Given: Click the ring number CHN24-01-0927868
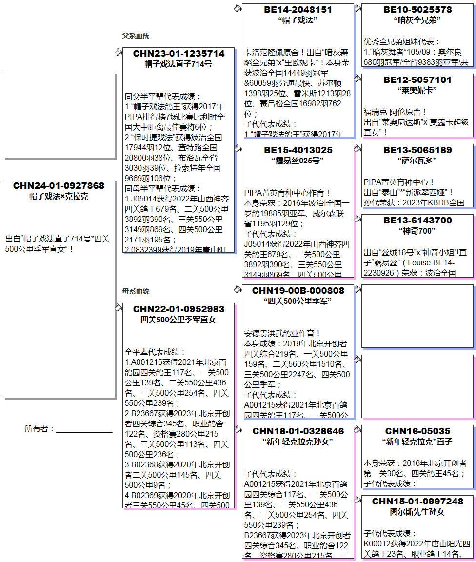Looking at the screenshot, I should tap(59, 186).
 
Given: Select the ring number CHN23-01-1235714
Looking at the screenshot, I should tap(178, 54).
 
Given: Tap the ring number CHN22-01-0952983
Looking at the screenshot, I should tap(178, 309).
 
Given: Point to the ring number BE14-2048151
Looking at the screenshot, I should tap(298, 10).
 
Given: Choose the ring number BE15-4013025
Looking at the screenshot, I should tap(298, 150).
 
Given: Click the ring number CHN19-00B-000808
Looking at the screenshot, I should tap(298, 291).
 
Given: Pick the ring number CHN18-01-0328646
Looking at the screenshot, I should tap(298, 431).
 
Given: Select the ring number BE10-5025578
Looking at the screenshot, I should tap(417, 10).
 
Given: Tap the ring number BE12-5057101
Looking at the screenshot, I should tap(417, 80).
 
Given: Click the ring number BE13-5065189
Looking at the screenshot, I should tap(417, 150).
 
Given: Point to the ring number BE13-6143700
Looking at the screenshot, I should tap(417, 221).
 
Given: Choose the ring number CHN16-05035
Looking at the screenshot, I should tap(417, 431).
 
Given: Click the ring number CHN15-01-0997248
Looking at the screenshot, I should tap(417, 502).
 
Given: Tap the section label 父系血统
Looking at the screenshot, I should tap(136, 36).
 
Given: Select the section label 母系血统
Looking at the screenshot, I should tap(136, 292).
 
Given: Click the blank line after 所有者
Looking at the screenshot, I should tap(84, 430).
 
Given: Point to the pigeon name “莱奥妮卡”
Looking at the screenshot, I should tap(417, 90).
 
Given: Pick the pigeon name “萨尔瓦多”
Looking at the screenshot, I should tap(417, 161).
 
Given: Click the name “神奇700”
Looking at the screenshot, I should tap(417, 231).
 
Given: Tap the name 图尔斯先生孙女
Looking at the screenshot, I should tap(417, 512).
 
